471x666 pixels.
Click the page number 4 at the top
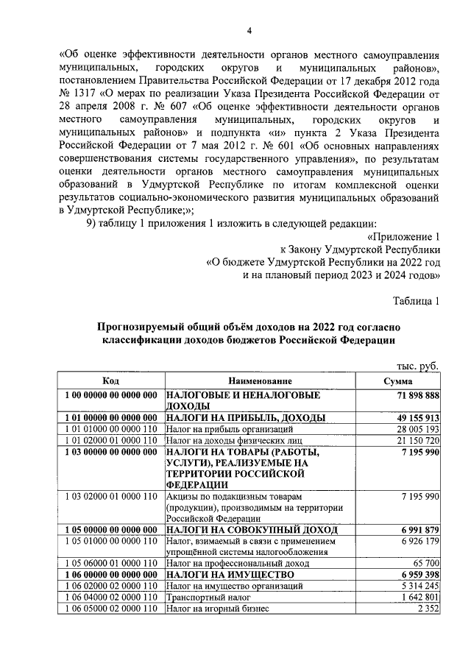coord(249,30)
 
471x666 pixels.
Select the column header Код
coord(110,381)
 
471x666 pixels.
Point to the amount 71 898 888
coord(416,396)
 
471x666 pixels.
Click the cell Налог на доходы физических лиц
coord(230,440)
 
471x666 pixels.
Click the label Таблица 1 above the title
coord(416,300)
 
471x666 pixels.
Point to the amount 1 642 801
coord(419,597)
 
